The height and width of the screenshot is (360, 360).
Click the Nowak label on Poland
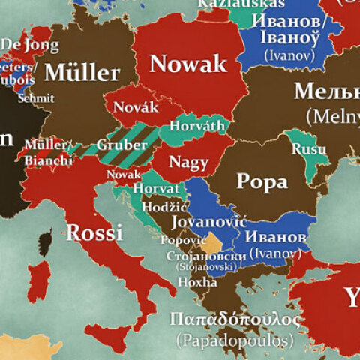point(188,64)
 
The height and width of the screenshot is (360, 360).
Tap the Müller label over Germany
point(82,72)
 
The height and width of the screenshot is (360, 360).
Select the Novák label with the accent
point(136,107)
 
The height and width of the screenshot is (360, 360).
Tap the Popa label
point(262,181)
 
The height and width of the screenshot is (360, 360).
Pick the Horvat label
point(156,189)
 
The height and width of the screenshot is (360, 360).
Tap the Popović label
point(183,240)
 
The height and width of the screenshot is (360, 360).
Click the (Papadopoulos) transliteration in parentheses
point(234,340)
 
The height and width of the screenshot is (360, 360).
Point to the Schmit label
point(35,97)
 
